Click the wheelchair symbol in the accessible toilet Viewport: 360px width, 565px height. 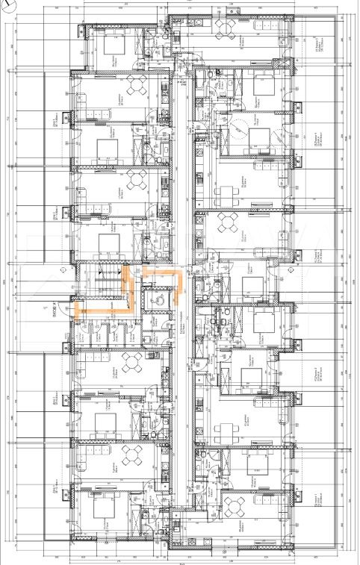[158, 298]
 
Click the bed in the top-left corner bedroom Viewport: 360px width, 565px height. [112, 45]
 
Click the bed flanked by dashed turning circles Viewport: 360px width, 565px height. [258, 137]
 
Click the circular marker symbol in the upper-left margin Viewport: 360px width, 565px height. [8, 72]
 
